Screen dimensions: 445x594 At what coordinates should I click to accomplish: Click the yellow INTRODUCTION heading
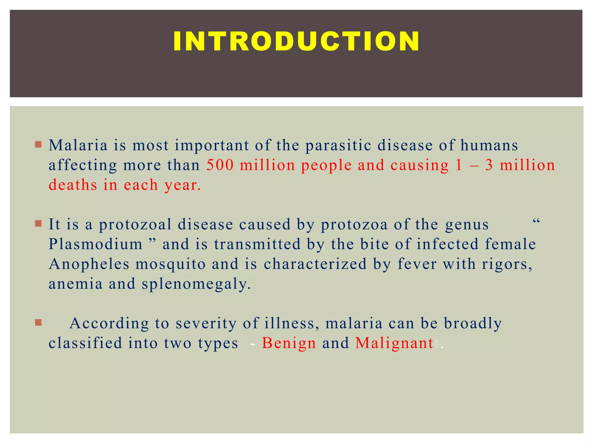coord(296,41)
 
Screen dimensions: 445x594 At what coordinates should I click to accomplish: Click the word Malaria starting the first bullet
coord(78,145)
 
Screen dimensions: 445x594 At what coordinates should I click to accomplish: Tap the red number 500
coord(220,165)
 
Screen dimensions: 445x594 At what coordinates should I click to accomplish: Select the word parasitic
coord(338,146)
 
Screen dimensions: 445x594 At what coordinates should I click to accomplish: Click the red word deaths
coord(73,185)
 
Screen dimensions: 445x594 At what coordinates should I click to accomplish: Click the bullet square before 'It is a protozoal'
coord(38,224)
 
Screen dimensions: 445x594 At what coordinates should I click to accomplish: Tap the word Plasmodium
coord(95,244)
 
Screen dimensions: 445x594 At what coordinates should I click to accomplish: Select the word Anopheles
coord(89,264)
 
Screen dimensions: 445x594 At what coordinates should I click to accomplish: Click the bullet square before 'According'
coord(38,322)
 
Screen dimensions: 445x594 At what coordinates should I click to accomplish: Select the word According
coord(109,323)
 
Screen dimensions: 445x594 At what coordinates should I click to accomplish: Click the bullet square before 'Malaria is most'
coord(38,144)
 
